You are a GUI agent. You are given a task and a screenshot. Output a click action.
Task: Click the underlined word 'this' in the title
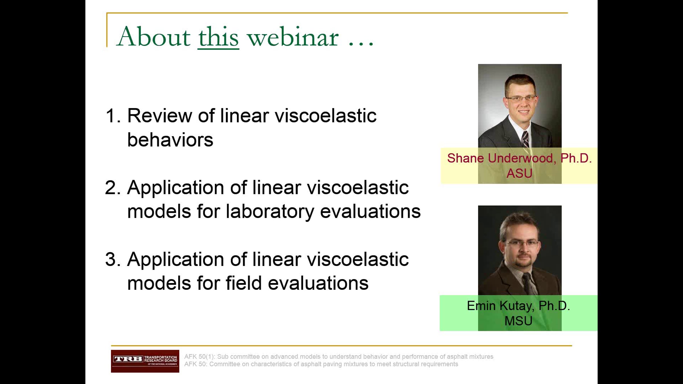[x=218, y=37]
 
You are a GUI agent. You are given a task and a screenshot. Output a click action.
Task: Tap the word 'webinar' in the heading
[x=293, y=37]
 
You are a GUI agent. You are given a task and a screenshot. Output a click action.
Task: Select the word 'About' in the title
[x=153, y=37]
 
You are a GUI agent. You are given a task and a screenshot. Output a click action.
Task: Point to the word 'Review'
[x=160, y=116]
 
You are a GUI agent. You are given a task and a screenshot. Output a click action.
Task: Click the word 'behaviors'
[x=170, y=140]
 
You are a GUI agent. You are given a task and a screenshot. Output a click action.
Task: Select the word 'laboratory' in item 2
[x=270, y=212]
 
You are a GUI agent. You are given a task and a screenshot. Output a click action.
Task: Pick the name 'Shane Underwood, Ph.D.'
[x=519, y=158]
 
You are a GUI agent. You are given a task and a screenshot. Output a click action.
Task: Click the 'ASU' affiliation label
[x=519, y=173]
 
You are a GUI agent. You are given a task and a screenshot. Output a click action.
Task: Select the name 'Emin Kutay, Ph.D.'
[x=519, y=306]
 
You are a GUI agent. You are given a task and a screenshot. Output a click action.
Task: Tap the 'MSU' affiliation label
[x=519, y=321]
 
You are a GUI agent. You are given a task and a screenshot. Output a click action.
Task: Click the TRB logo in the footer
[x=145, y=361]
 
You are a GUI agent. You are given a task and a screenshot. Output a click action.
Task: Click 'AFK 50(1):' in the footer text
[x=199, y=357]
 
